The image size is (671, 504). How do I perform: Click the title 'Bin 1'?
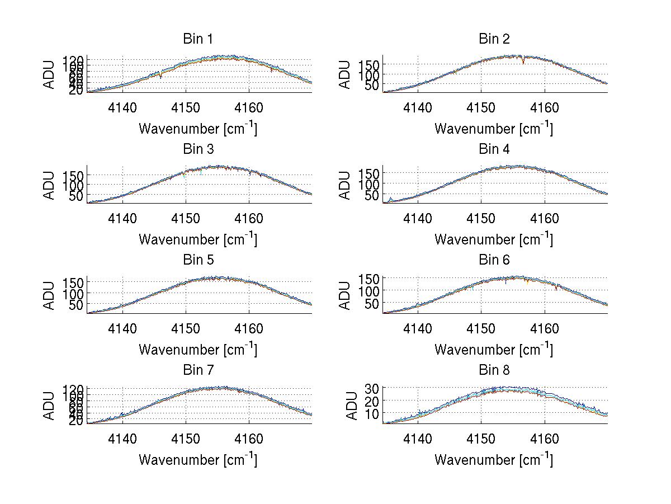197,39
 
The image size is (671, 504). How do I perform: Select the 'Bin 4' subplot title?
494,149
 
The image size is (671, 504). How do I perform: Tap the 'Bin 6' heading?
494,260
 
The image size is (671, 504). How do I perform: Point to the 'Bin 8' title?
494,370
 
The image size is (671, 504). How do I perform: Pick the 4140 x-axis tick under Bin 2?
417,107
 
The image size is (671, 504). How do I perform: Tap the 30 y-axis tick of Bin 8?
372,387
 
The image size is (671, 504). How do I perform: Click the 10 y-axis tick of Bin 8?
372,413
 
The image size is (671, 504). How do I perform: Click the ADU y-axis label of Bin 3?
50,185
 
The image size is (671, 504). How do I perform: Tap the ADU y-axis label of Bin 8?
352,406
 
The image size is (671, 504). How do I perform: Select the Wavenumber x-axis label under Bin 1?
198,129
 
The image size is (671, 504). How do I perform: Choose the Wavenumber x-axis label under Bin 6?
494,350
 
